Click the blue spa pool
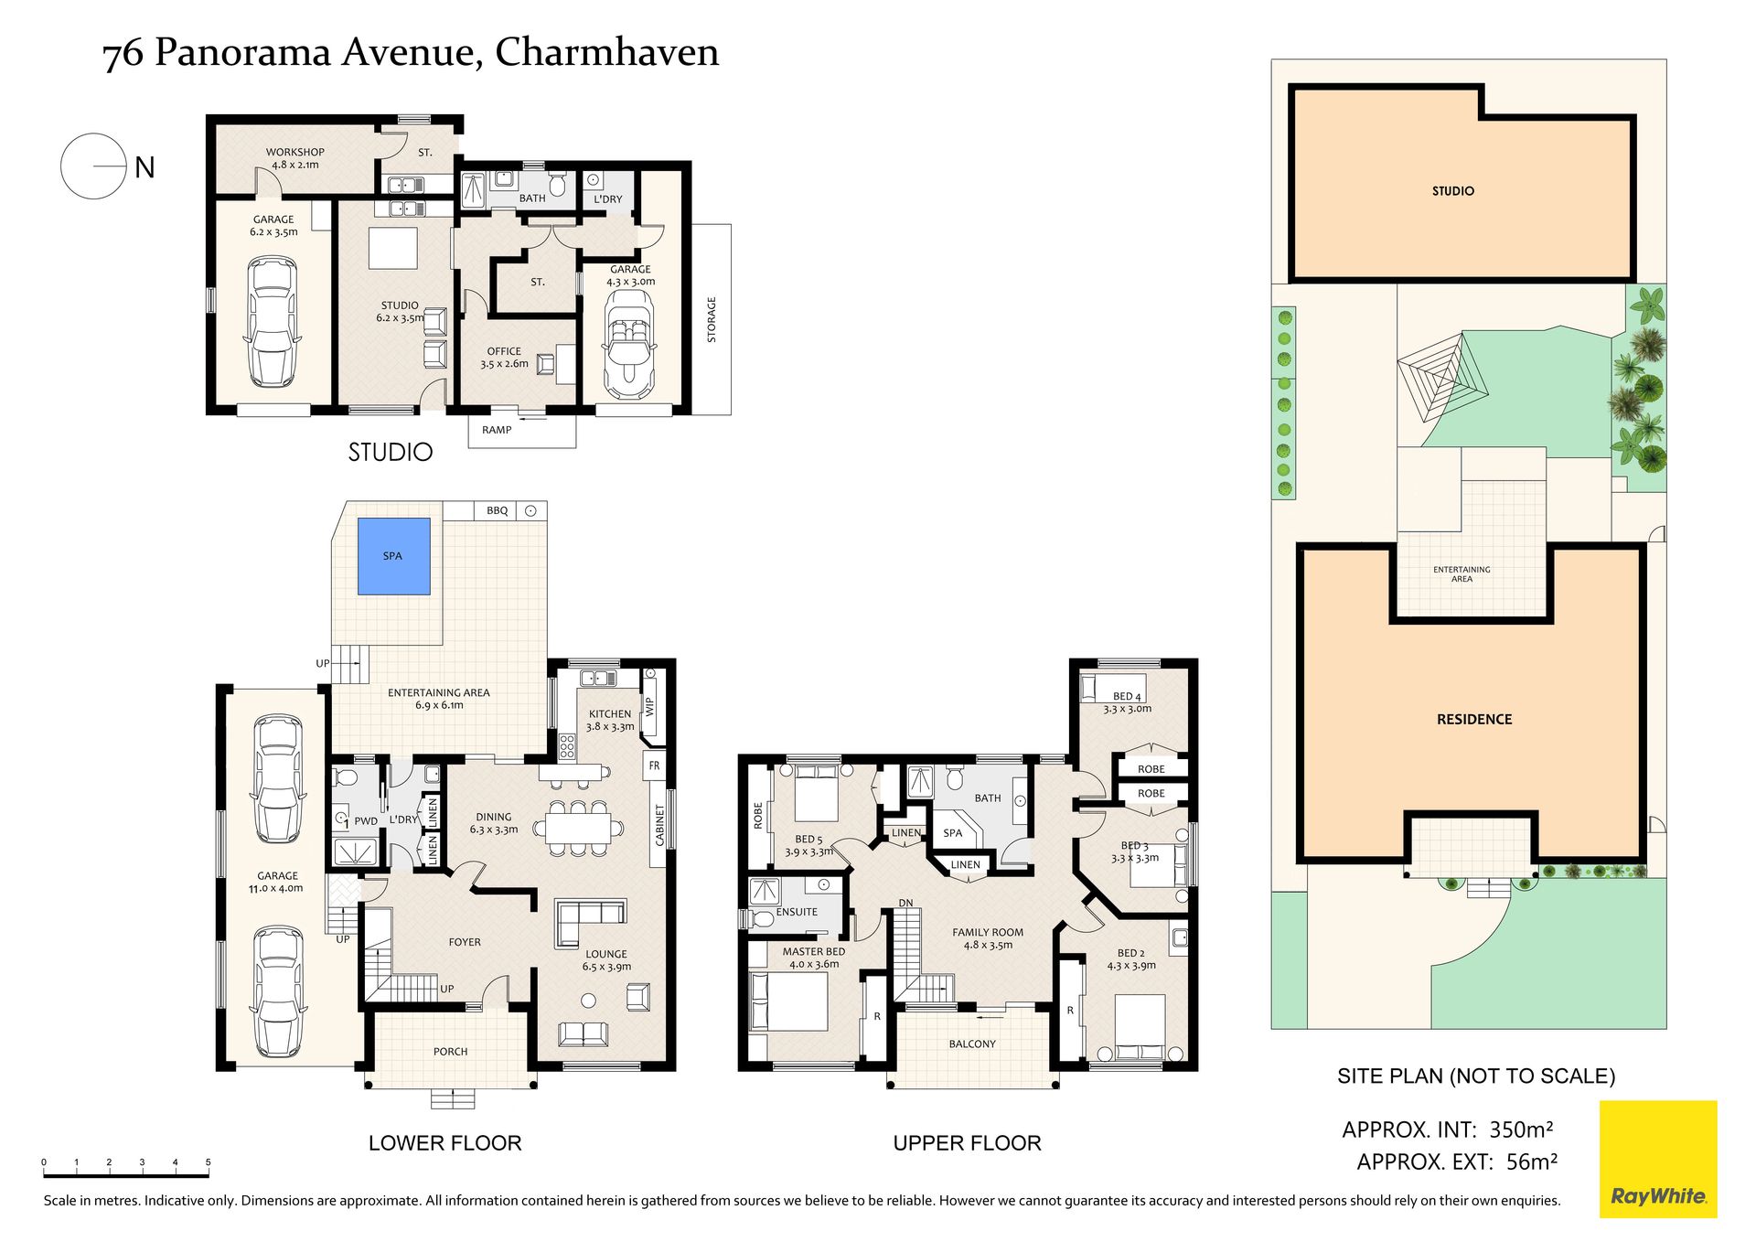(x=393, y=556)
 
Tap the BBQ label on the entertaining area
(x=497, y=510)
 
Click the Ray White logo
(x=1658, y=1159)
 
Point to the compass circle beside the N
(x=92, y=166)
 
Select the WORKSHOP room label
(x=295, y=153)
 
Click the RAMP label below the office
(x=497, y=430)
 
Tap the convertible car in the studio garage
(x=629, y=346)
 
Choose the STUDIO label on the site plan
(x=1453, y=191)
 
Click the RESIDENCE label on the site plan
(x=1474, y=720)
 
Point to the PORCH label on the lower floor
(x=450, y=1052)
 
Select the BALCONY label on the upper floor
(x=972, y=1044)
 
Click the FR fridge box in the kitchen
(x=654, y=766)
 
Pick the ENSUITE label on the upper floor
(x=797, y=912)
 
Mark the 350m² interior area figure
(x=1521, y=1130)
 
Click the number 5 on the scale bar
(x=208, y=1162)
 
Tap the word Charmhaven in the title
(x=607, y=52)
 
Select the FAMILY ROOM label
(x=988, y=933)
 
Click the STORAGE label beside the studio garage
(x=712, y=320)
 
